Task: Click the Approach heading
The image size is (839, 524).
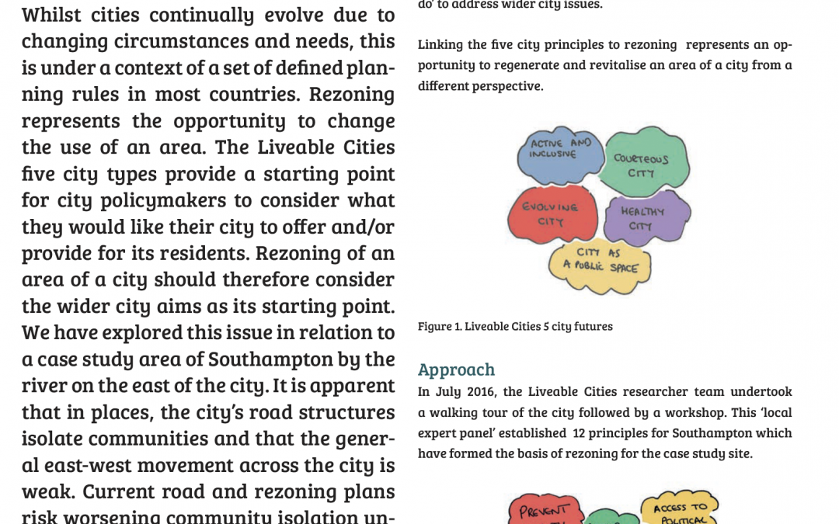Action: tap(456, 370)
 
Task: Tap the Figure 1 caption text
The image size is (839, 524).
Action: tap(515, 326)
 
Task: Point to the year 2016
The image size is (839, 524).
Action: tap(478, 392)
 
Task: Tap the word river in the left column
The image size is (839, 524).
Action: tap(45, 386)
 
